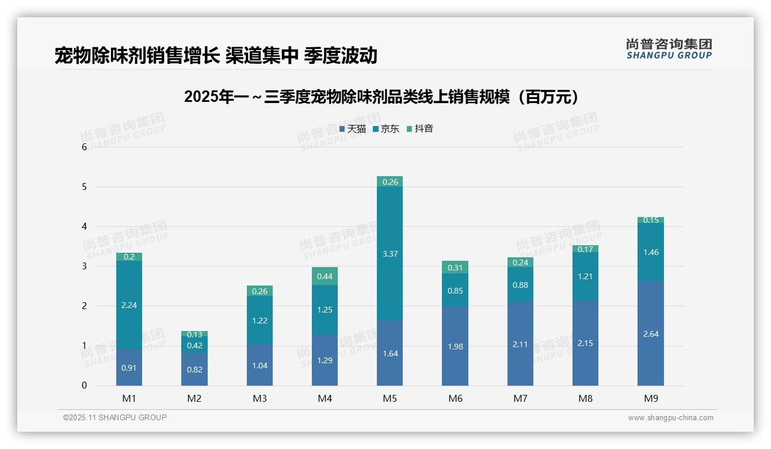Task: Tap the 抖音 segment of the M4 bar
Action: (x=325, y=276)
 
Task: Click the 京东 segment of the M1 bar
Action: (x=129, y=305)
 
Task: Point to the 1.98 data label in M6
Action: (x=455, y=347)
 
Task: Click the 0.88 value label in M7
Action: (x=520, y=285)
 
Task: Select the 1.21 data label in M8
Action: (x=585, y=276)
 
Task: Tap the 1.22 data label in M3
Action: (x=259, y=321)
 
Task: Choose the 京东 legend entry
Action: (x=386, y=129)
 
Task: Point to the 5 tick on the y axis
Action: (x=84, y=187)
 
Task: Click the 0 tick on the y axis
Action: (x=84, y=386)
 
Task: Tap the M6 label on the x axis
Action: (x=455, y=398)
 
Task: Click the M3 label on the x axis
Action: (x=259, y=398)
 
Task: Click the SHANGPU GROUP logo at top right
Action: (x=669, y=49)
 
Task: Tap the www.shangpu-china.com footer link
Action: (x=670, y=418)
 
